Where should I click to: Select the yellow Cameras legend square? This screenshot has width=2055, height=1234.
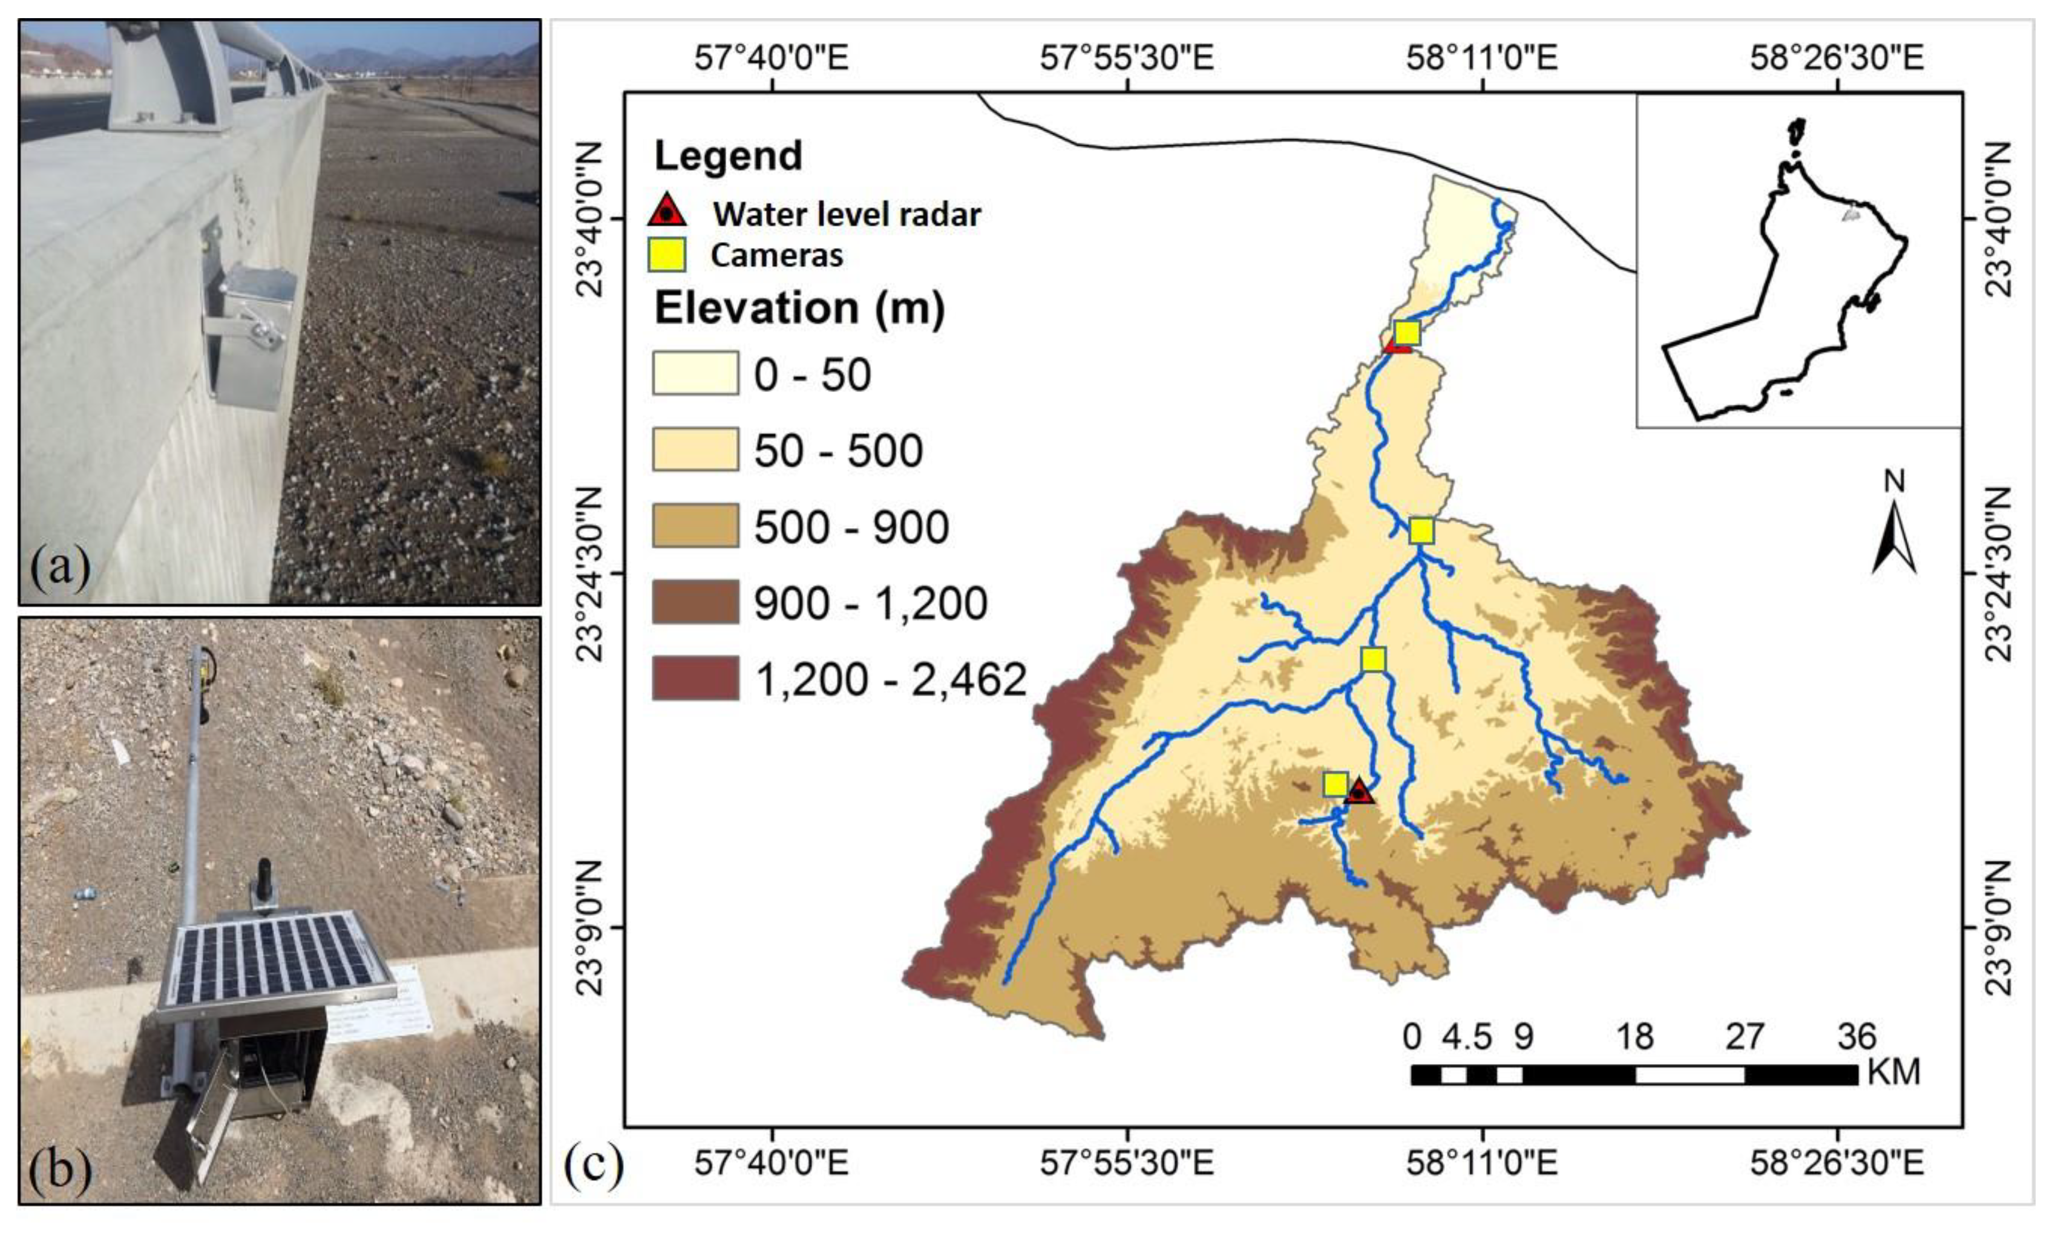tap(667, 255)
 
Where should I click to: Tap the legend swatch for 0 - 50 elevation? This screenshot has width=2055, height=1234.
tap(695, 373)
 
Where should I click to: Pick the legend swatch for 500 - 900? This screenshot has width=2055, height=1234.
tap(695, 526)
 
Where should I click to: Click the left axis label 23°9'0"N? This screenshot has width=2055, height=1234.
tap(589, 927)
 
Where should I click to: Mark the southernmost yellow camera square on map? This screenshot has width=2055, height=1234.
tap(1336, 784)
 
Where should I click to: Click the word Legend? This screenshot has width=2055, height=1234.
tap(729, 156)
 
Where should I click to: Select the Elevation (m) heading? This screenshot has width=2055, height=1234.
tap(799, 308)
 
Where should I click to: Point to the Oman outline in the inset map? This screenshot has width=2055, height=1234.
tap(1788, 282)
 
